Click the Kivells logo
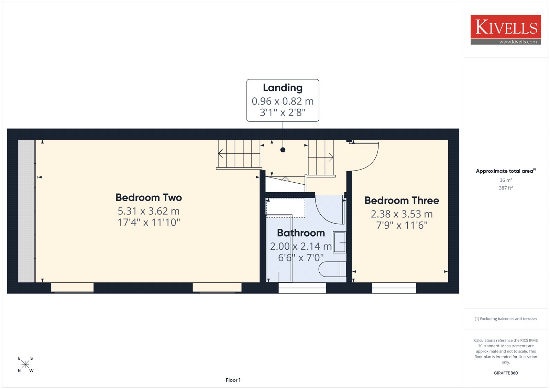(506, 30)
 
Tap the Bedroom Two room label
(148, 197)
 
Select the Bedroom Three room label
(402, 201)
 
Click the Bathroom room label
(301, 233)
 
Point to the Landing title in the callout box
(283, 88)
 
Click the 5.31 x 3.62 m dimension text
(148, 211)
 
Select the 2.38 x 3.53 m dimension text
(402, 214)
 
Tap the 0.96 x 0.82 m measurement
(283, 101)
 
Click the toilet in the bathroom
(332, 269)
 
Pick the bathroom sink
(340, 242)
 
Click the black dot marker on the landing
(283, 150)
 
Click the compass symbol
(25, 364)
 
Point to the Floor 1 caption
(233, 380)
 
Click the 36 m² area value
(506, 180)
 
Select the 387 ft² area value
(506, 188)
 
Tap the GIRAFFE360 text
(506, 373)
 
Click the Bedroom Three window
(394, 288)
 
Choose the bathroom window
(302, 288)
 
